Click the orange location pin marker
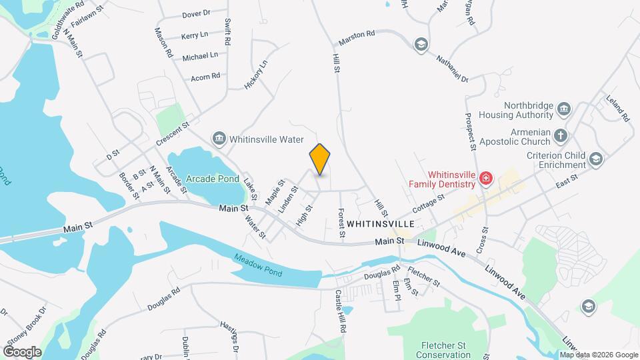(320, 159)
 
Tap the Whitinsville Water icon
(219, 139)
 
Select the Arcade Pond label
(212, 179)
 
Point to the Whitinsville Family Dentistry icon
(486, 177)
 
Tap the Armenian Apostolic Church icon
(561, 136)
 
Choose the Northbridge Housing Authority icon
(564, 109)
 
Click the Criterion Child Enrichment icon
(595, 158)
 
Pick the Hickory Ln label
(255, 75)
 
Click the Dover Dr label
(196, 13)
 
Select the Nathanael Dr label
(453, 68)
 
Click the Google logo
(22, 351)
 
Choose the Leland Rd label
(617, 107)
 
